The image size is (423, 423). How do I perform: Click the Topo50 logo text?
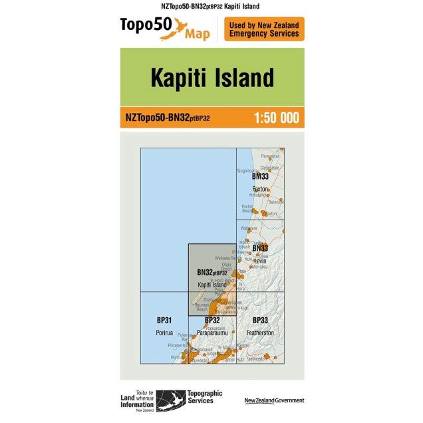tap(145, 25)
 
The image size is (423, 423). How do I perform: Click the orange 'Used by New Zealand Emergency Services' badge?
tap(264, 29)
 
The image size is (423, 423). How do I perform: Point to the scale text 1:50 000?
tap(276, 118)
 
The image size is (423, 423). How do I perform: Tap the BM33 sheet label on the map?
tap(260, 177)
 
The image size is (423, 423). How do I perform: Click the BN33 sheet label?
tap(260, 248)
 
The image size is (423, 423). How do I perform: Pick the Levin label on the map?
tap(260, 260)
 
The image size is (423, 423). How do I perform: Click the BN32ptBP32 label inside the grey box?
tap(212, 272)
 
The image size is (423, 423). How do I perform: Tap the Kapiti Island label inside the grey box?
tap(212, 285)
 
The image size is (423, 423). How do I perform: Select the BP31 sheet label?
tap(164, 321)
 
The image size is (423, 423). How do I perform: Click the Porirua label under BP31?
tap(164, 332)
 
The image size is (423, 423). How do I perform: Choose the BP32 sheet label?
tap(212, 321)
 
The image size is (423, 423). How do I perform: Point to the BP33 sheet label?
tap(260, 321)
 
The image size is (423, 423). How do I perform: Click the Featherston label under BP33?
tap(260, 332)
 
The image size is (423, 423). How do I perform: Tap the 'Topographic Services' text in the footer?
tap(196, 396)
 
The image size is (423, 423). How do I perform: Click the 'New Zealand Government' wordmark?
tap(274, 400)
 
